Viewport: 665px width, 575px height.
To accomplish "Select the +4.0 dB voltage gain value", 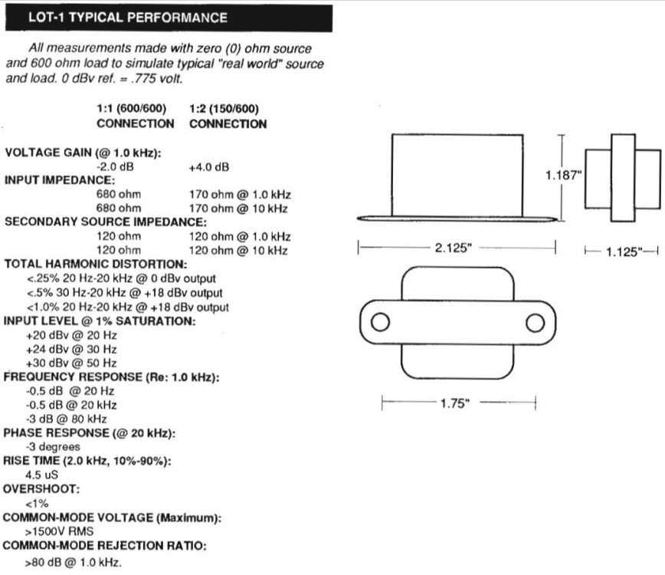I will (209, 166).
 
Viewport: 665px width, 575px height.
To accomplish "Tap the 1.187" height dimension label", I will (563, 175).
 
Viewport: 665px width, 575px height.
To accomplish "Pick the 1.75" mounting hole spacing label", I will (457, 403).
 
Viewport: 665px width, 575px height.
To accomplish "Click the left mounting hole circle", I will (381, 321).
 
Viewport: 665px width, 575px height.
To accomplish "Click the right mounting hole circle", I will (535, 321).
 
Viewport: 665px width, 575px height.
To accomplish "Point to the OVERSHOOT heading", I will (42, 488).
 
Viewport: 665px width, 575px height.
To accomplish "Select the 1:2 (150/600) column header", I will (228, 109).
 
